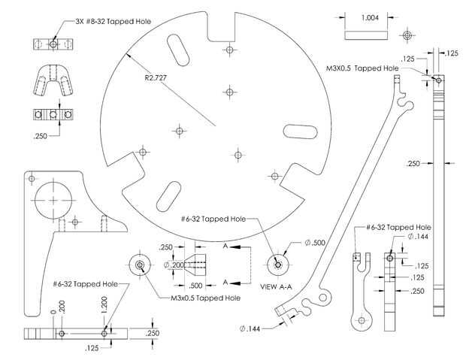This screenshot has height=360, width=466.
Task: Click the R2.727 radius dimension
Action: click(x=156, y=78)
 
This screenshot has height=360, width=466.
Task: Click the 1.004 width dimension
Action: click(x=370, y=18)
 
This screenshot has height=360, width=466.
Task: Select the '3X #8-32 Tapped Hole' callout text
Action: click(x=113, y=21)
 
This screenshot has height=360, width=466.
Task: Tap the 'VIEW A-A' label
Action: click(x=276, y=286)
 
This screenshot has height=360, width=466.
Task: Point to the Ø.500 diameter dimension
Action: click(x=315, y=243)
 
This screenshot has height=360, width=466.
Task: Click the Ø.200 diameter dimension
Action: click(x=174, y=265)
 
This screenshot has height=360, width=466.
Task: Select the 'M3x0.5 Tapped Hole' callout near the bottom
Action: click(x=206, y=298)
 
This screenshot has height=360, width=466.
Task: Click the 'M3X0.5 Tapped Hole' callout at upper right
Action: click(x=362, y=68)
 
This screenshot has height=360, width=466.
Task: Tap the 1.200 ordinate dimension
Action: click(x=104, y=304)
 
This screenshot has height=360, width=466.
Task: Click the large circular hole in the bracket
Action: click(x=53, y=200)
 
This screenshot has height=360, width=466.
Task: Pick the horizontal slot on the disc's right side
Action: click(x=300, y=132)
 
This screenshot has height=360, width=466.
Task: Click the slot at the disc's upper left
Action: click(x=178, y=50)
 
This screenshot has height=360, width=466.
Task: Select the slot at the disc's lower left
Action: click(x=168, y=196)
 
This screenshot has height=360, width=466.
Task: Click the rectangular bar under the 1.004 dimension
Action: click(x=366, y=35)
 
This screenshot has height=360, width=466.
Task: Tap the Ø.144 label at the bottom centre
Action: click(x=250, y=328)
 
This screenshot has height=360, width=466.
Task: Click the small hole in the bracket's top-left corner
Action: click(x=32, y=179)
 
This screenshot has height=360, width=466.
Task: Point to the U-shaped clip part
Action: click(x=53, y=80)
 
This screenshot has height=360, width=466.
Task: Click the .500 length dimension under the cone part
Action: click(x=195, y=286)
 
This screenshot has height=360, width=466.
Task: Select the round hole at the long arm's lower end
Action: click(x=323, y=298)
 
